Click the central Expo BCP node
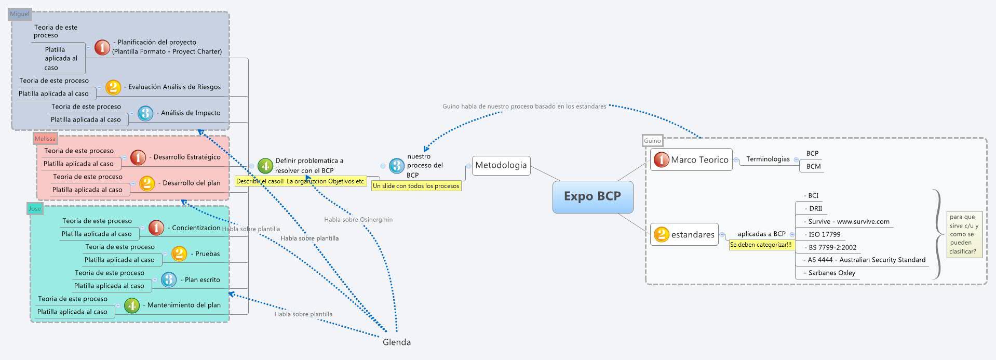point(593,196)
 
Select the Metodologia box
point(501,165)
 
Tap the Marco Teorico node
point(699,159)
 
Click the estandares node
point(692,234)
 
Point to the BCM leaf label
point(813,166)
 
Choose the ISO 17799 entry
point(824,234)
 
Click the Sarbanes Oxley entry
point(831,273)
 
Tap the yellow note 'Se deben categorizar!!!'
point(761,245)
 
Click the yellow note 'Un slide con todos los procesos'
point(416,185)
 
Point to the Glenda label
point(397,342)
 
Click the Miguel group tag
point(20,14)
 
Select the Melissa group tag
point(45,139)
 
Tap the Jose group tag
point(35,209)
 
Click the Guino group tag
point(652,141)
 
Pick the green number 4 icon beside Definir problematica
point(265,166)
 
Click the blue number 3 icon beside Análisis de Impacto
point(145,113)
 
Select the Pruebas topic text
point(207,254)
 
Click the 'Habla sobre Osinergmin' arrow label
point(358,220)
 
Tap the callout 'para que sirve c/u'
point(964,234)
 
